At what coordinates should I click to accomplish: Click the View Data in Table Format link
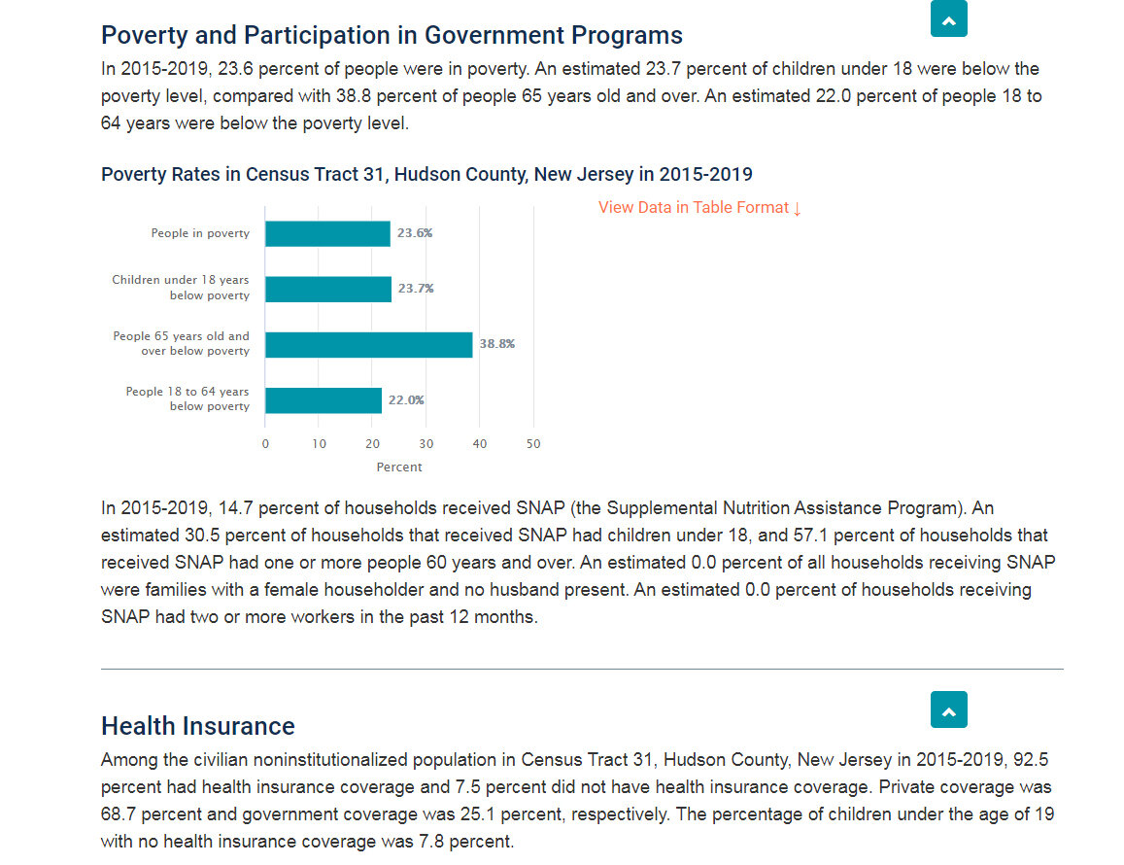pos(699,208)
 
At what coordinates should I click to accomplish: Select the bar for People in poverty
pos(327,234)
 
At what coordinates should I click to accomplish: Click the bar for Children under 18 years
pos(328,289)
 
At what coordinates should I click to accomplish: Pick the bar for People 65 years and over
pos(368,345)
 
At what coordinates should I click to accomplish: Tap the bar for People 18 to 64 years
pos(324,400)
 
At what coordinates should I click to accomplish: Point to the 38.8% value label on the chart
pos(497,344)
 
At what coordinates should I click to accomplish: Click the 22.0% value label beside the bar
pos(406,400)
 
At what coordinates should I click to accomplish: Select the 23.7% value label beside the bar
pos(417,289)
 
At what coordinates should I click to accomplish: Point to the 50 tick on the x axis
pos(533,444)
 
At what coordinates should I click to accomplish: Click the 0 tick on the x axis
pos(265,444)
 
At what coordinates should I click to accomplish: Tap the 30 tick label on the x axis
pos(426,444)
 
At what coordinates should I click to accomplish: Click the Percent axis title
pos(399,467)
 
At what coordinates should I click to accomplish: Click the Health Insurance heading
pos(198,726)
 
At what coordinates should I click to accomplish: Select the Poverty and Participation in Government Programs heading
pos(392,35)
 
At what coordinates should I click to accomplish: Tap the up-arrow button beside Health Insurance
pos(949,710)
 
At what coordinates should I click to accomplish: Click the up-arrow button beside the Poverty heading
pos(949,18)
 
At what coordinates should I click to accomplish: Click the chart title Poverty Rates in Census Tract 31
pos(426,174)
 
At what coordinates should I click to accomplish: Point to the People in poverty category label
pos(201,233)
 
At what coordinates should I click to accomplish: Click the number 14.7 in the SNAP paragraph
pos(235,508)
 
